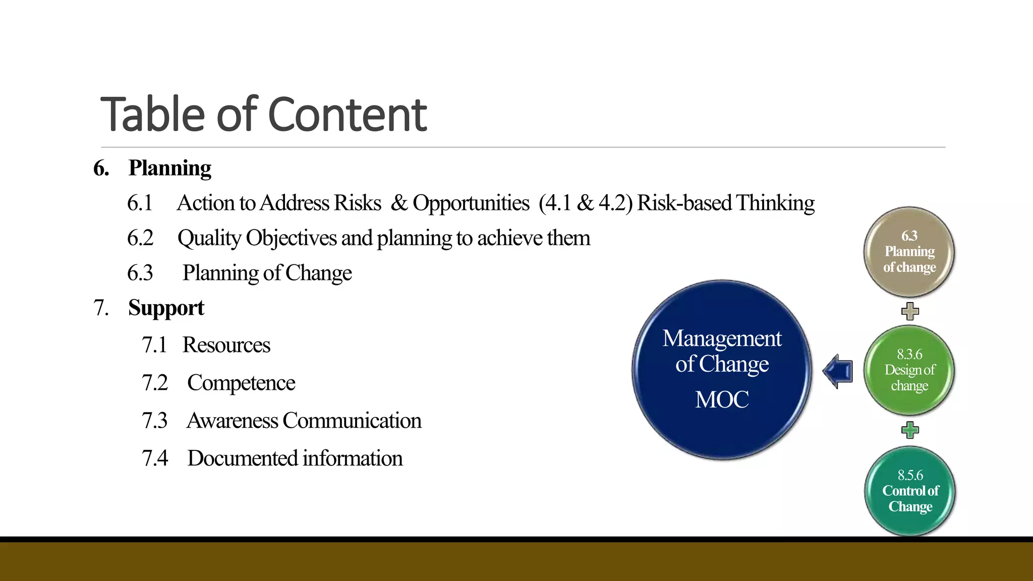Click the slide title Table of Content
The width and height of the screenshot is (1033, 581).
[x=263, y=114]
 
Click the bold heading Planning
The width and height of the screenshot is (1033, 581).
[x=169, y=168]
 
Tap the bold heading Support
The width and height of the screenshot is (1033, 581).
[x=166, y=308]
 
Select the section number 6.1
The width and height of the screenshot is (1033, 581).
[x=140, y=203]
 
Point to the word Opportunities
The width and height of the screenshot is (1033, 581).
[x=471, y=203]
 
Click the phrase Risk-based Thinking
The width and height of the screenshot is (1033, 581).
[x=725, y=203]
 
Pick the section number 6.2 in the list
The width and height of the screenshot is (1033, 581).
[x=140, y=238]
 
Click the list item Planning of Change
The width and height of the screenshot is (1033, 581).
[x=267, y=273]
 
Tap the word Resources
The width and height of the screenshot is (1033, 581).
[x=226, y=345]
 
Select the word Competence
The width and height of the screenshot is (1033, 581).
[x=241, y=383]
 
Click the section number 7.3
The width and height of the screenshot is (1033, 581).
[x=154, y=421]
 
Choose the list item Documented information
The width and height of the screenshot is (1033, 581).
[x=295, y=458]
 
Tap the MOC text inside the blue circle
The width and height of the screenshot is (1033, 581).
[x=722, y=399]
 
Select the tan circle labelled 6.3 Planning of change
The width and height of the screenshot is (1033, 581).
[x=909, y=252]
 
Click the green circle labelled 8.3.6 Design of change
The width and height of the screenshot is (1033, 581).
[x=909, y=370]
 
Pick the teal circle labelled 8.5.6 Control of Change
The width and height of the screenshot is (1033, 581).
[x=910, y=491]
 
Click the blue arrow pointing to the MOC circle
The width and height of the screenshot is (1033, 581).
[x=838, y=371]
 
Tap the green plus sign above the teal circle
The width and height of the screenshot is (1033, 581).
[x=910, y=430]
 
